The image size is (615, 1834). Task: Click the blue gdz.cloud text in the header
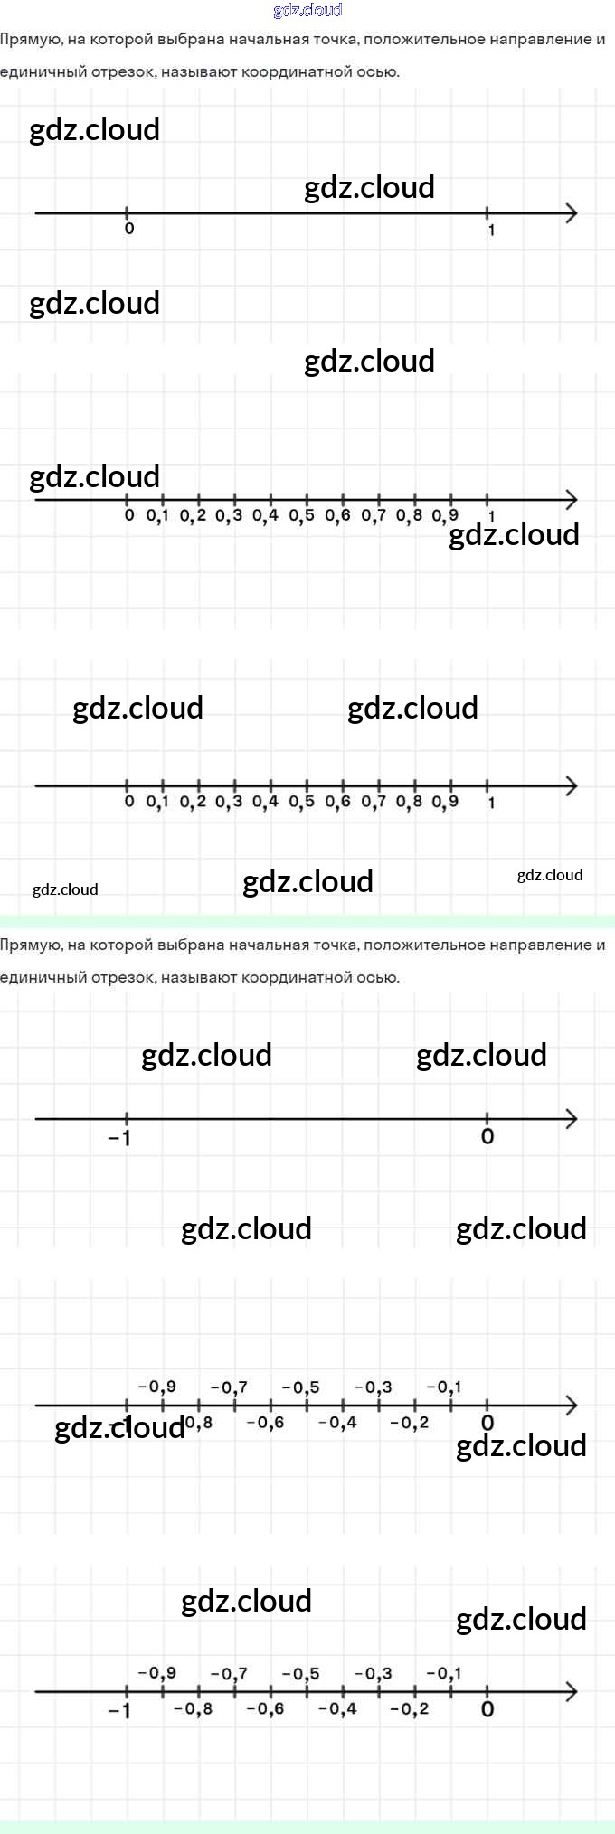pos(307,11)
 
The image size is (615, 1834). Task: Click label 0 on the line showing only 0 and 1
pos(129,229)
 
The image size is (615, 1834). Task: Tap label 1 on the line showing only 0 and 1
pos(491,230)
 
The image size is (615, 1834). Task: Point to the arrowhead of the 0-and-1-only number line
pos(571,213)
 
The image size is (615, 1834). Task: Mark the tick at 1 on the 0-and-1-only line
pos(487,213)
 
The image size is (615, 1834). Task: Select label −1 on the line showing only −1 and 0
pos(119,1138)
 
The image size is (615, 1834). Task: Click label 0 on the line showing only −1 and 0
pos(487,1137)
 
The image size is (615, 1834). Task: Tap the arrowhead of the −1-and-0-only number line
pos(571,1119)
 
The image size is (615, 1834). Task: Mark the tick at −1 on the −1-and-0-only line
pos(126,1119)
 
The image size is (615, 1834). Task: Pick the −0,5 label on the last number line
pos(300,1674)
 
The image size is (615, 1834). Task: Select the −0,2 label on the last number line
pos(410,1708)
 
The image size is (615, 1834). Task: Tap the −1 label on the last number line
pos(119,1710)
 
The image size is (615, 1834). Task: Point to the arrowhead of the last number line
pos(571,1691)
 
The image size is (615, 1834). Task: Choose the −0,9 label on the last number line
pos(157,1674)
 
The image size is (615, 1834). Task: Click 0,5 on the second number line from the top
pos(301,516)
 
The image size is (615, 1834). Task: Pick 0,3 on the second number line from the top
pos(229,516)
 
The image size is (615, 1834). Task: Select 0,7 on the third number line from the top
pos(374,802)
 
